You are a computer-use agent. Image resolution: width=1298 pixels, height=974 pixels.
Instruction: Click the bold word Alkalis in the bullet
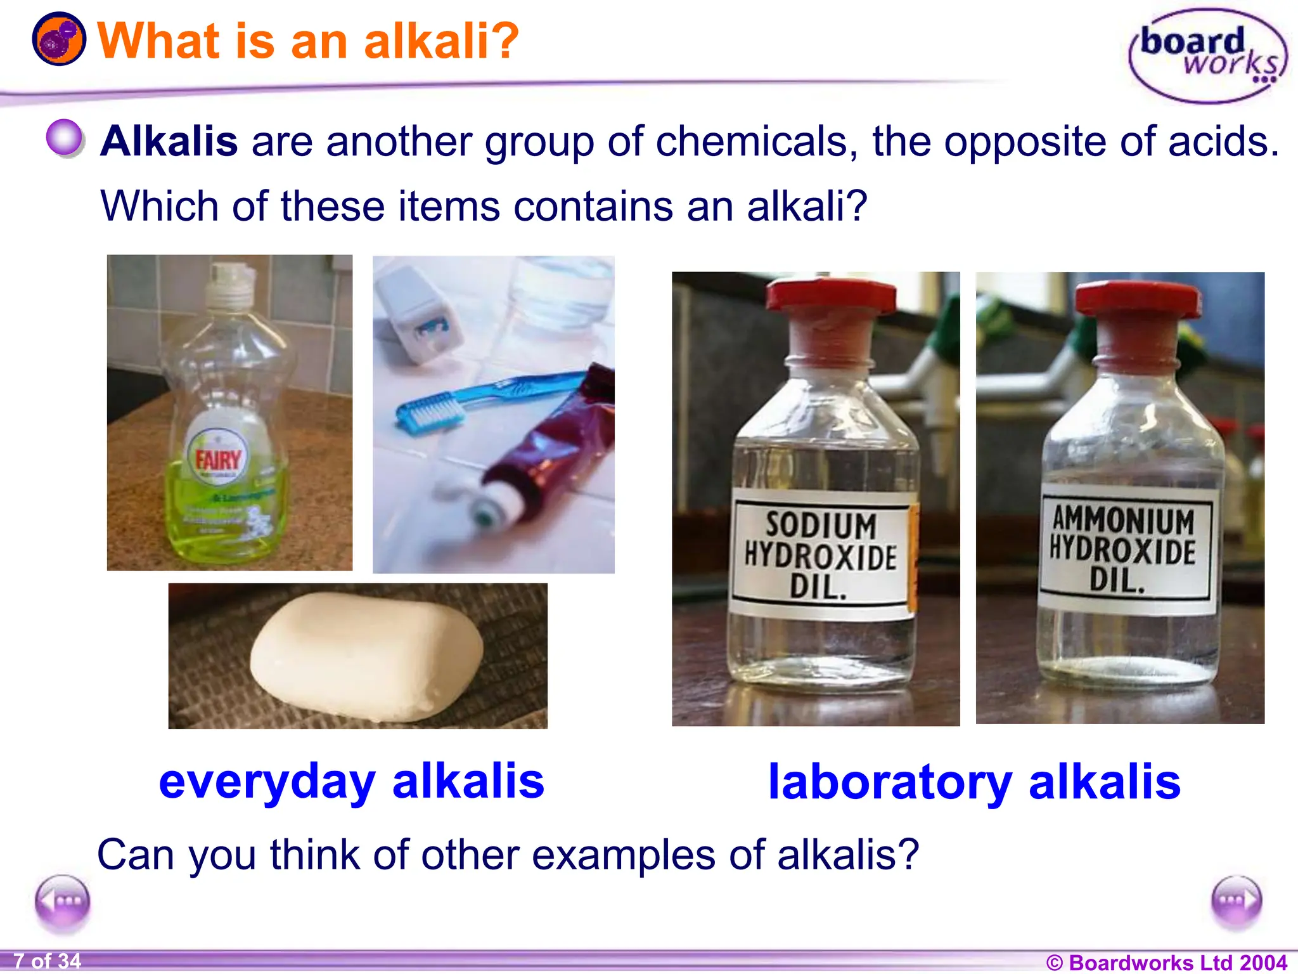[169, 141]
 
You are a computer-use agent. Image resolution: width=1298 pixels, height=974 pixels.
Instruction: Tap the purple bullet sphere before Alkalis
[65, 138]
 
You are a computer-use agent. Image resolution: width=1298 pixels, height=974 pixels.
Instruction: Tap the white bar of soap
[366, 656]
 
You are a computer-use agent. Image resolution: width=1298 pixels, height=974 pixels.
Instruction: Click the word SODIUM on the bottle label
[821, 526]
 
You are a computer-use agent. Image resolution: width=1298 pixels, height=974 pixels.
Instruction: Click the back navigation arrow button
[62, 901]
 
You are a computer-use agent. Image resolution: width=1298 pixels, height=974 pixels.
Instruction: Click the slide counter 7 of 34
[48, 961]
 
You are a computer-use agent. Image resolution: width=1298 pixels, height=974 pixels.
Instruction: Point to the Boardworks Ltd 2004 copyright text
[1166, 962]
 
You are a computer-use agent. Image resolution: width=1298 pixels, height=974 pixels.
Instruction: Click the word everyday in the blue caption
[267, 782]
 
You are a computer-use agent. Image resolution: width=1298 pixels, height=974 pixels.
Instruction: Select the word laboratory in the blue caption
[889, 782]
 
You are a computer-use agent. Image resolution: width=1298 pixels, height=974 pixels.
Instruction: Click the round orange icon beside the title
[59, 39]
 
